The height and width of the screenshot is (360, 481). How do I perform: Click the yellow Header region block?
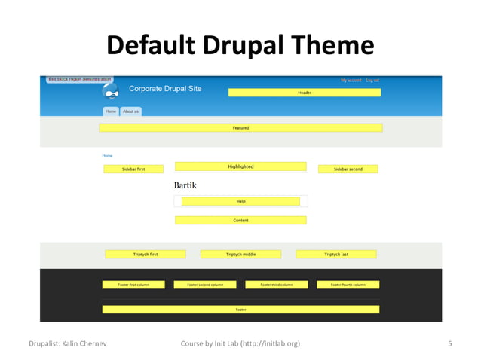(x=304, y=93)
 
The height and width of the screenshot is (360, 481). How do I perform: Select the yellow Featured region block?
(x=240, y=128)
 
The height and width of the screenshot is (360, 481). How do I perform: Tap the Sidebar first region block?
(x=133, y=169)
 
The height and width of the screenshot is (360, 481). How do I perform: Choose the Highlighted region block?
(x=240, y=166)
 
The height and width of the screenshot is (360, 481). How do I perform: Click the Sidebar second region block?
(x=348, y=169)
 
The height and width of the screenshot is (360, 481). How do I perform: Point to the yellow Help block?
(x=240, y=201)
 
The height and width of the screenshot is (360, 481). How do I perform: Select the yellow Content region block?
(x=240, y=221)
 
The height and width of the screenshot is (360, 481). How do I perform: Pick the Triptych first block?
(x=146, y=255)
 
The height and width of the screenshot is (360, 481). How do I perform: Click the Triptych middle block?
(x=240, y=255)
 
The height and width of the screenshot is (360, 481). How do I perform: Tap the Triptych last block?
(x=336, y=255)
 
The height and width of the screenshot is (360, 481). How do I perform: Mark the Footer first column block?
(x=133, y=285)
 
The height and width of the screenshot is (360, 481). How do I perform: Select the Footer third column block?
(x=276, y=285)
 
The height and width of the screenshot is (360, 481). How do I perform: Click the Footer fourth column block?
(x=348, y=285)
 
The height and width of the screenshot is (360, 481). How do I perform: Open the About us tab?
(x=131, y=111)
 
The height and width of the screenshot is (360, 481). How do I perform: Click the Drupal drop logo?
(x=112, y=92)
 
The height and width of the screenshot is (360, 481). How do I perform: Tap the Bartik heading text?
(x=185, y=185)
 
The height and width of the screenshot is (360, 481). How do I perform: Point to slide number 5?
(x=449, y=344)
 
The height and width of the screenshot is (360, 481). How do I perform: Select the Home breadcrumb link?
(x=107, y=156)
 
